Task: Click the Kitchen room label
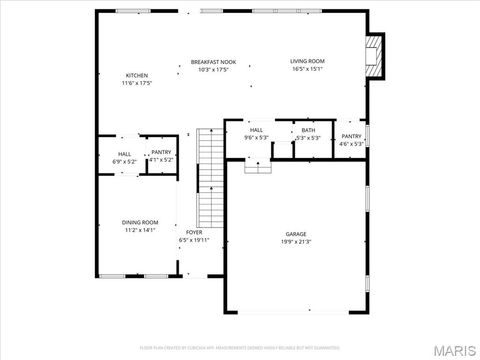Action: click(136, 76)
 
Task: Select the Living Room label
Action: click(308, 62)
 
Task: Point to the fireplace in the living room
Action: click(373, 57)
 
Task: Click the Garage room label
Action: click(296, 234)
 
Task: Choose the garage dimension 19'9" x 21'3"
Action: click(296, 242)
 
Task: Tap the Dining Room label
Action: click(140, 222)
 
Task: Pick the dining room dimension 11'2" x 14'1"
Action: click(140, 230)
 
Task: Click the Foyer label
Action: click(193, 232)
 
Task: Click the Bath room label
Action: click(308, 130)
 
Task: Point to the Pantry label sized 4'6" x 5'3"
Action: click(351, 136)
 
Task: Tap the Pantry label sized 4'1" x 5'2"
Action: click(161, 152)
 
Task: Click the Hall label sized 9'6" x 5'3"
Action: click(256, 130)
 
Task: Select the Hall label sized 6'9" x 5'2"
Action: click(124, 154)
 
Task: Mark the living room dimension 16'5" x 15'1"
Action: click(308, 70)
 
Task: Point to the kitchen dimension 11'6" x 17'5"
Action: click(136, 84)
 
